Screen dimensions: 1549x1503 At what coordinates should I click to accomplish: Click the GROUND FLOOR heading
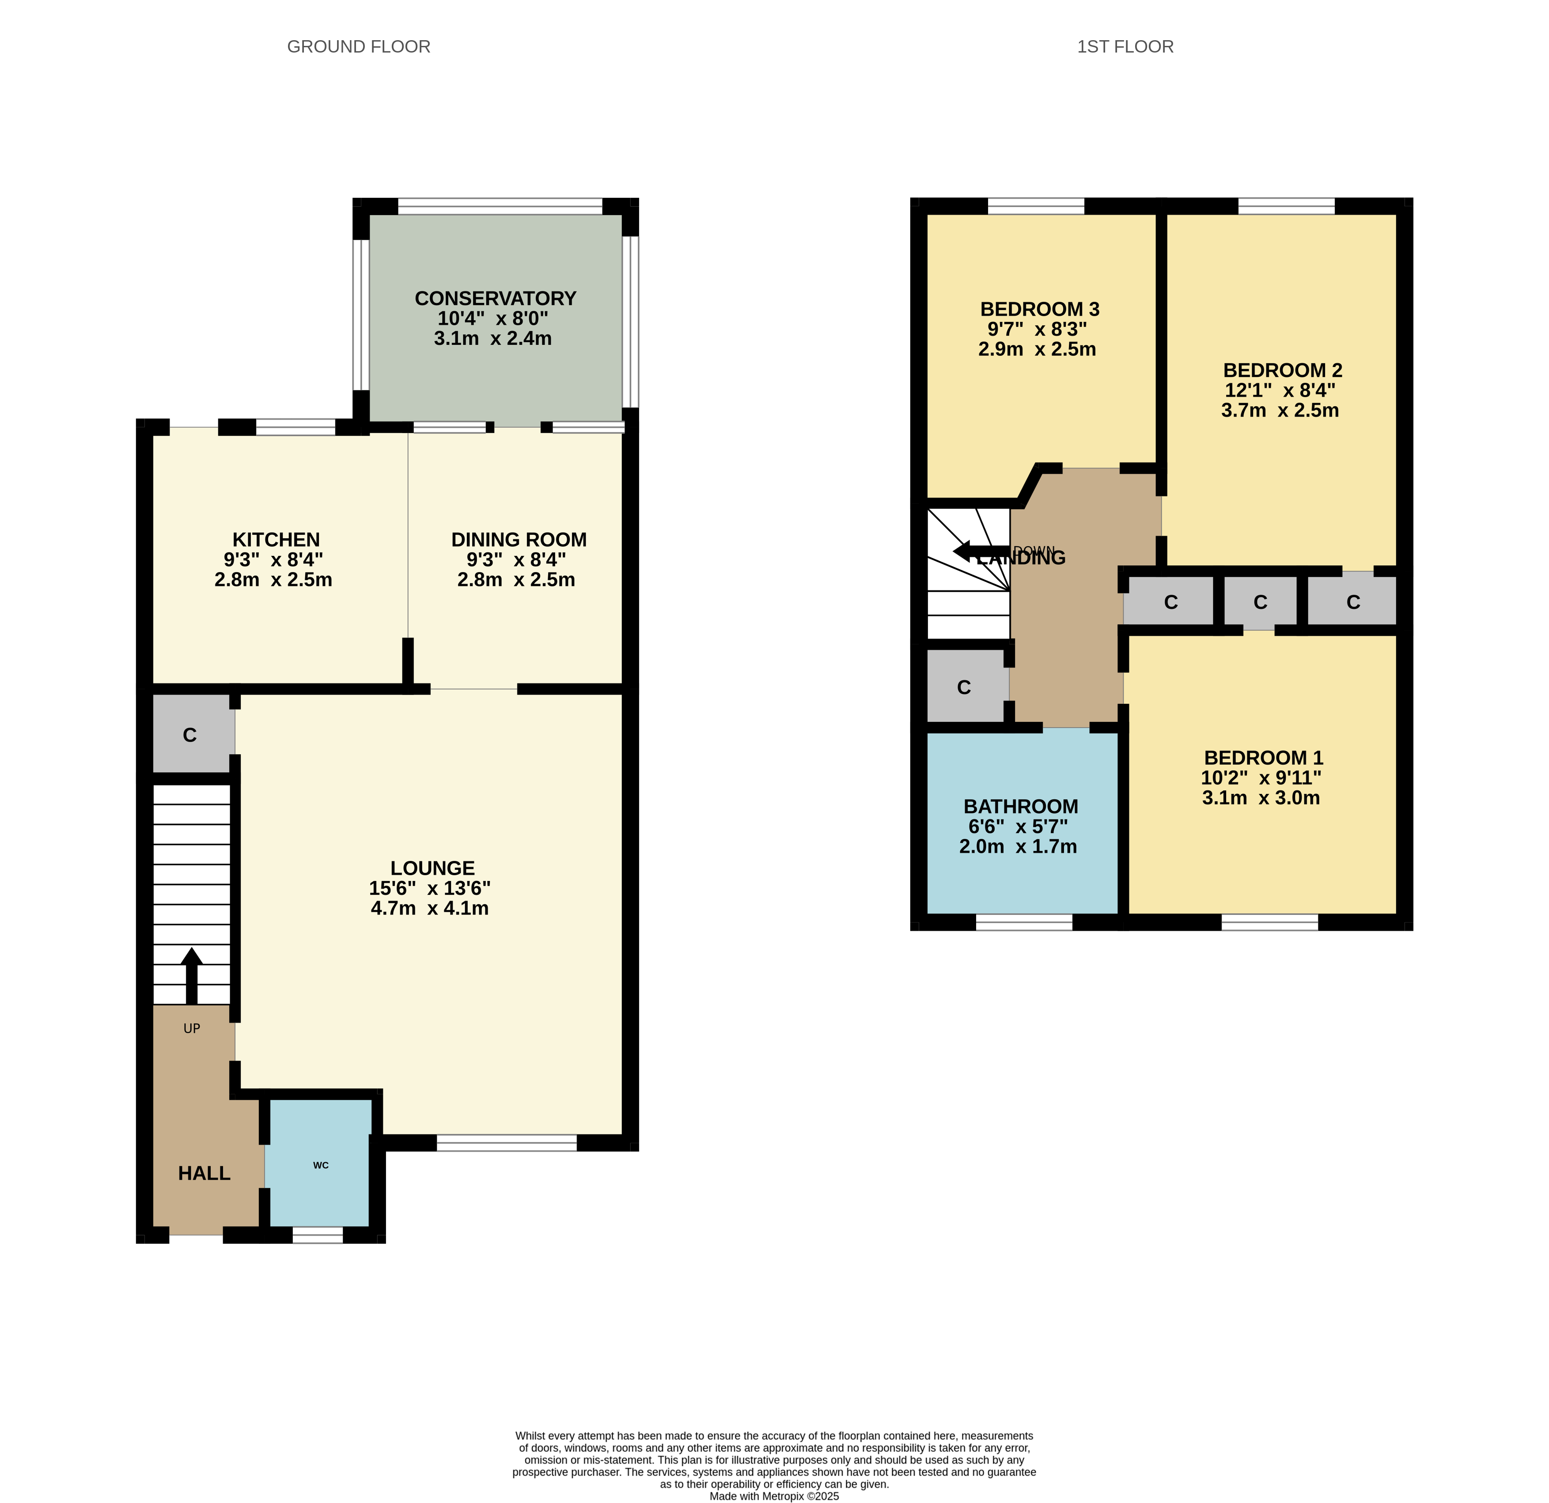[x=359, y=47]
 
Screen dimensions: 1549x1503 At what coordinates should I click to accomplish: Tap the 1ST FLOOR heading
[x=1125, y=47]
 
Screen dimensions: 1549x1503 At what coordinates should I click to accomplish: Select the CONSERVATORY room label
[x=496, y=299]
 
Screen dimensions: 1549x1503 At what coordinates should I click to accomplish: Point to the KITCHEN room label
[x=276, y=540]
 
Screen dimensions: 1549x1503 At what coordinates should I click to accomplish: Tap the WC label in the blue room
[x=321, y=1165]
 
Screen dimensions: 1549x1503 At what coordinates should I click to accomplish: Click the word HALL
[x=204, y=1174]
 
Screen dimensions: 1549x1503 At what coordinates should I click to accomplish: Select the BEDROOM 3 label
[x=1040, y=309]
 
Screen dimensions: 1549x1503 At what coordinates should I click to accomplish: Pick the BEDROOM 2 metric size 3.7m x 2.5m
[x=1280, y=410]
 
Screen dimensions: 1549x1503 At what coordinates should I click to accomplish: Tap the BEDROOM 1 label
[x=1264, y=758]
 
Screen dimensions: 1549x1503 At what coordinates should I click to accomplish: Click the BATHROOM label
[x=1021, y=807]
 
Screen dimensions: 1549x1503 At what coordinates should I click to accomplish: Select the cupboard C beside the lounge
[x=189, y=735]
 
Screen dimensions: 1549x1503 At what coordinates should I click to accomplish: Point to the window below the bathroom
[x=1024, y=922]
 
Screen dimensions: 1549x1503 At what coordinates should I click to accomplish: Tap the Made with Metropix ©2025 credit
[x=775, y=1496]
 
